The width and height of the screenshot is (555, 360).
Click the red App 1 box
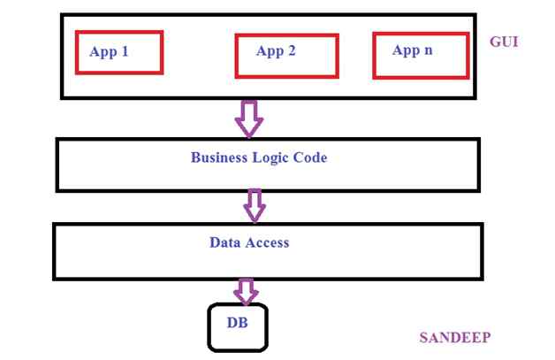pos(119,52)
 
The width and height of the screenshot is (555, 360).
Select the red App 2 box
pos(286,55)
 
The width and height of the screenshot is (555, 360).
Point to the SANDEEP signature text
pos(454,337)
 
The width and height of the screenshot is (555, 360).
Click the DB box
pos(237,326)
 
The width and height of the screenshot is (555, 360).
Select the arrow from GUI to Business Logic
pos(250,118)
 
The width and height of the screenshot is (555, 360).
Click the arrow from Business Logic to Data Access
pos(255,206)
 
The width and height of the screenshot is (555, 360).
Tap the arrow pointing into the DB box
pos(246,290)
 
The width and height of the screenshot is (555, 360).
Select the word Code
pos(311,158)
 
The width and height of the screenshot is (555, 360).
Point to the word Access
pos(267,241)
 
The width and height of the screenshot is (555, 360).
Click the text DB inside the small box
pos(237,323)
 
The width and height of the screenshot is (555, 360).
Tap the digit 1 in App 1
pos(125,51)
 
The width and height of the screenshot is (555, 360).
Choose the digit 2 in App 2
pos(292,50)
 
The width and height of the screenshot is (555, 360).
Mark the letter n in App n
pos(429,50)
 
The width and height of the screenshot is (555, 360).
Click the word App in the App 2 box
pos(270,51)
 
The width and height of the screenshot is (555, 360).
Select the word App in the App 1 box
pos(103,52)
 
